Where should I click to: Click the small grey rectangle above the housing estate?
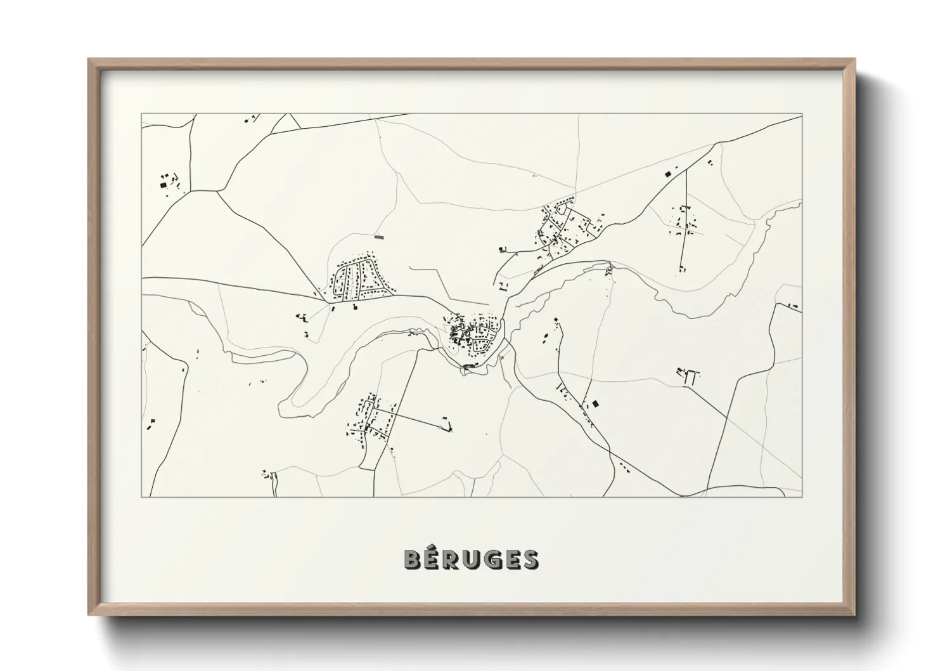[x=380, y=237]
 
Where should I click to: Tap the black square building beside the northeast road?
[x=666, y=173]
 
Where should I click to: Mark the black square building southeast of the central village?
[x=594, y=403]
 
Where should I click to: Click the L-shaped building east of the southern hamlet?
[x=449, y=427]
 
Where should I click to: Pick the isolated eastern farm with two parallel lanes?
[x=690, y=377]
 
